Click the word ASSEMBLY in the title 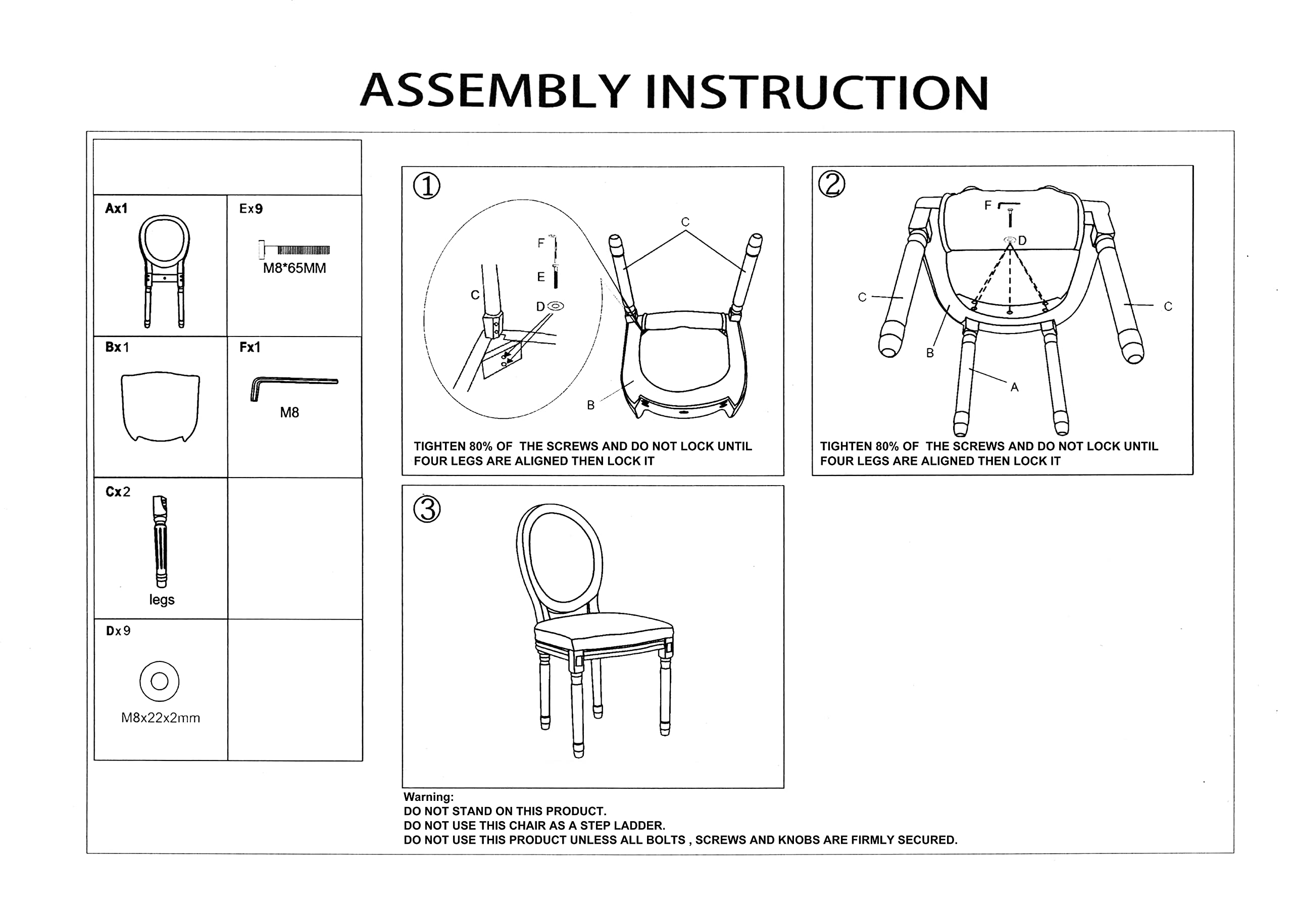click(495, 91)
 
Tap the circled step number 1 click(427, 186)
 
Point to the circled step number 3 click(427, 509)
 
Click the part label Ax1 click(116, 209)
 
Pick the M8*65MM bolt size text click(294, 268)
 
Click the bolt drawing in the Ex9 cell click(294, 250)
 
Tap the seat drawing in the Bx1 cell click(161, 406)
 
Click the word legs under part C click(162, 600)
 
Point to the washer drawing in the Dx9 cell click(160, 681)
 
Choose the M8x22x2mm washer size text click(161, 718)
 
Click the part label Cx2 click(118, 492)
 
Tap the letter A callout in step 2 click(1014, 387)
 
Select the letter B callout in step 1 click(591, 405)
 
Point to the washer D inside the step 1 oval click(555, 306)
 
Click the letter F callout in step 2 click(988, 206)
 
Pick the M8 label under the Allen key click(289, 413)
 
